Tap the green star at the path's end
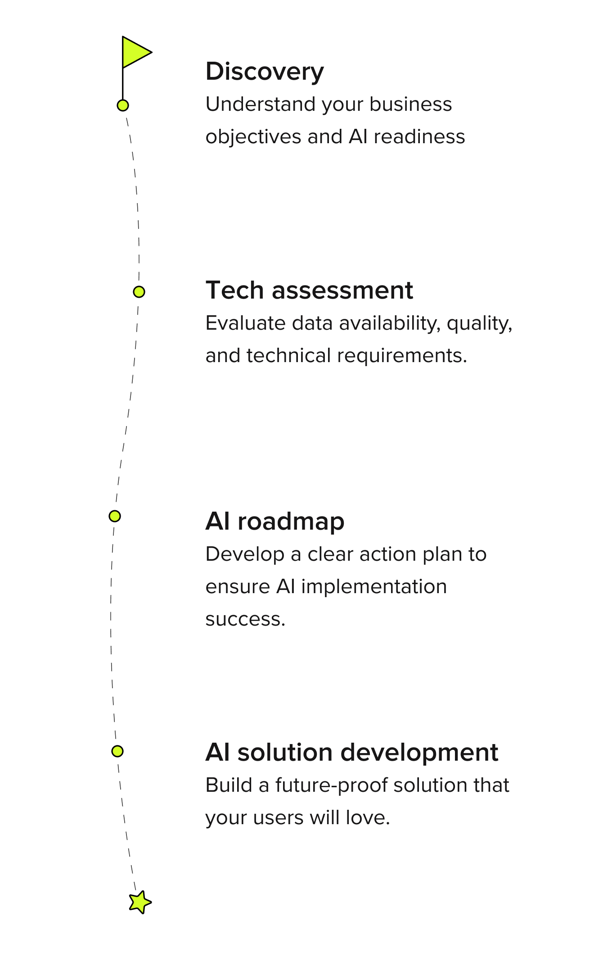140,902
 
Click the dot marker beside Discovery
123,105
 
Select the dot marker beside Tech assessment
139,292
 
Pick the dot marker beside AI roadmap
115,516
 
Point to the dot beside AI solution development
117,751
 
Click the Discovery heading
265,72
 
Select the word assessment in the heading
342,290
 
